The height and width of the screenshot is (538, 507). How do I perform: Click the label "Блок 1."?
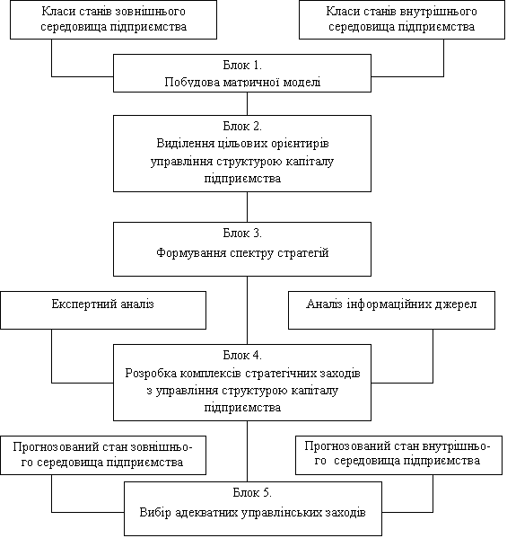coord(242,66)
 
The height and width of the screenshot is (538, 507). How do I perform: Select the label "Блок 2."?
coord(242,127)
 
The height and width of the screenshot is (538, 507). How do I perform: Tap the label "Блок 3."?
coord(242,234)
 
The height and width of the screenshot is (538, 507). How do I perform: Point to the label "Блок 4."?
coord(242,355)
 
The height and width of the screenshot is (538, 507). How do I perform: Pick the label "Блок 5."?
coord(252,493)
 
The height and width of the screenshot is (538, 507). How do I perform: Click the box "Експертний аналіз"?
coord(103,310)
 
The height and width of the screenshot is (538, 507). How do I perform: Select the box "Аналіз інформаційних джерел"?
coord(391,310)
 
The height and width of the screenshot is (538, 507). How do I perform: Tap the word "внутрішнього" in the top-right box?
coord(438,12)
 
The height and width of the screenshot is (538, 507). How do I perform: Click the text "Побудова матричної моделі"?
coord(242,83)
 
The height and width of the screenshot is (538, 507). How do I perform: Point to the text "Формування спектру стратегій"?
coord(242,253)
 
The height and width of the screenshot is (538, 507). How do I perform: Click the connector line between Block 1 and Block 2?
coord(247,103)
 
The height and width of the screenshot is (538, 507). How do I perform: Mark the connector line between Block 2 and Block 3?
coord(247,207)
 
